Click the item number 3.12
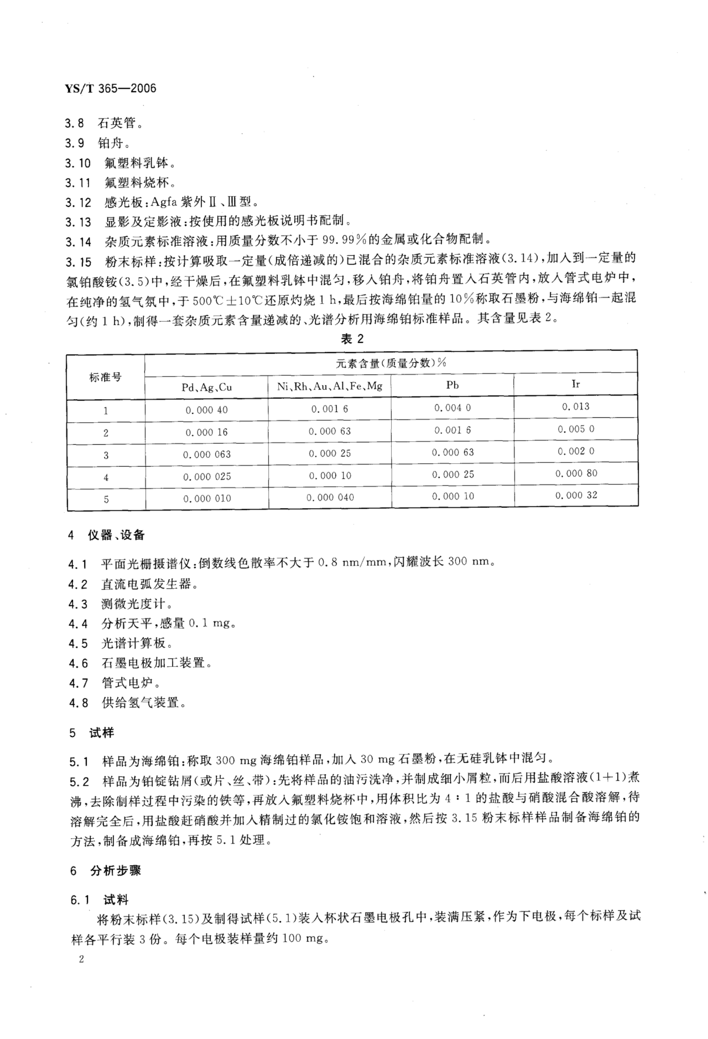tap(78, 203)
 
